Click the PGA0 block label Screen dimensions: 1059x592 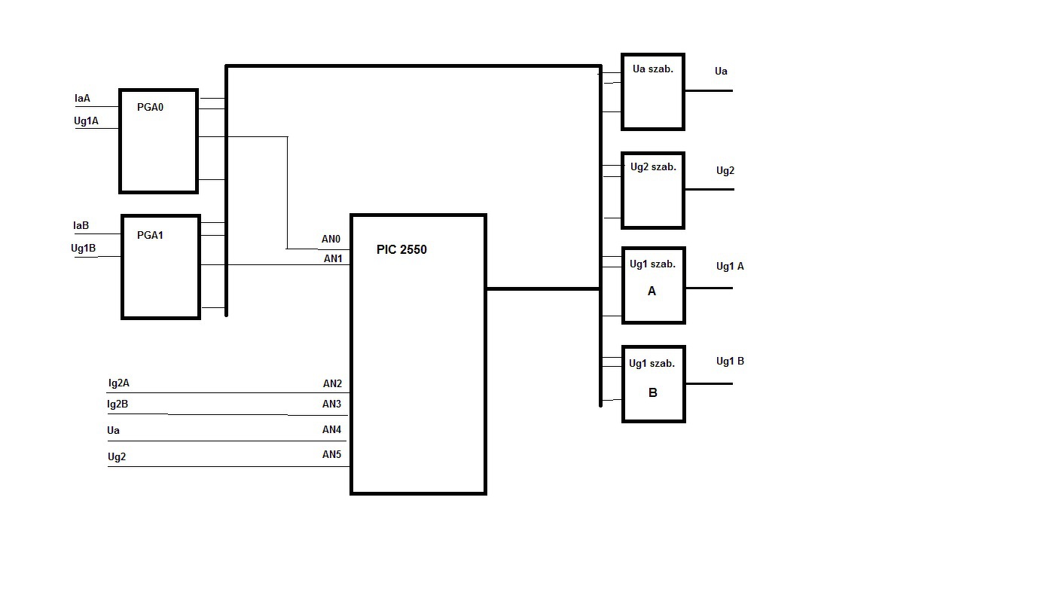[x=150, y=107]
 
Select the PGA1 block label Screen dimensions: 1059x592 [x=150, y=235]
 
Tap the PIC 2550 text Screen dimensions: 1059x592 [x=401, y=249]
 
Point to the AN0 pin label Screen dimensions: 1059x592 [x=331, y=240]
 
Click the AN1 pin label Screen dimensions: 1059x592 [x=333, y=258]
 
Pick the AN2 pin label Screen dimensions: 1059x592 [x=332, y=383]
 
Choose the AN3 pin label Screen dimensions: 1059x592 [x=331, y=404]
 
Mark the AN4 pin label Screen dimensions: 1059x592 [x=331, y=429]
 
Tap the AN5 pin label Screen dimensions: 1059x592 [x=331, y=454]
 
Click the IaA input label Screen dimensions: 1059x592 [x=82, y=98]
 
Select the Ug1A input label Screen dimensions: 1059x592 [x=86, y=120]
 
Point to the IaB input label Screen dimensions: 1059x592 [x=81, y=225]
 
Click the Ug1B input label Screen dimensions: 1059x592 [x=84, y=248]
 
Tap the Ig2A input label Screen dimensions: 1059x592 [x=118, y=383]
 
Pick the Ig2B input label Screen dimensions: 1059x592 [x=117, y=404]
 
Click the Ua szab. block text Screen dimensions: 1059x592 [x=652, y=69]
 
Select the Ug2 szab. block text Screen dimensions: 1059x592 [x=653, y=166]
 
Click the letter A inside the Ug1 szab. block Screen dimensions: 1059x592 [x=652, y=291]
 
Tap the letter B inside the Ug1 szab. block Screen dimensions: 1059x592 [x=653, y=392]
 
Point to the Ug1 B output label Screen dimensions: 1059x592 [x=730, y=361]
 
